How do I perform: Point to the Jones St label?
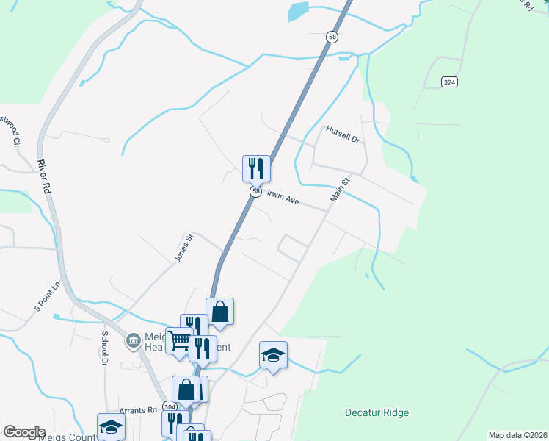click(x=183, y=247)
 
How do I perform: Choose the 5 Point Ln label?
click(x=46, y=293)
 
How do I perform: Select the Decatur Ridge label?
click(x=377, y=412)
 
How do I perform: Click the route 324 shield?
click(x=450, y=82)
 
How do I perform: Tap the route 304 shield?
click(x=170, y=406)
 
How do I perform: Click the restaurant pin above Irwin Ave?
click(x=256, y=168)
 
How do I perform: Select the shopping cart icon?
click(x=178, y=340)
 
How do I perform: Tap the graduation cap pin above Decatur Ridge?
click(x=273, y=356)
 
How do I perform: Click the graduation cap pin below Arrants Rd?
click(x=111, y=426)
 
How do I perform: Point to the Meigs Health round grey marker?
click(x=134, y=340)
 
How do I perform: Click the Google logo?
click(x=24, y=432)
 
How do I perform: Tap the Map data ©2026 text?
click(x=517, y=435)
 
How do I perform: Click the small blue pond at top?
click(x=298, y=11)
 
